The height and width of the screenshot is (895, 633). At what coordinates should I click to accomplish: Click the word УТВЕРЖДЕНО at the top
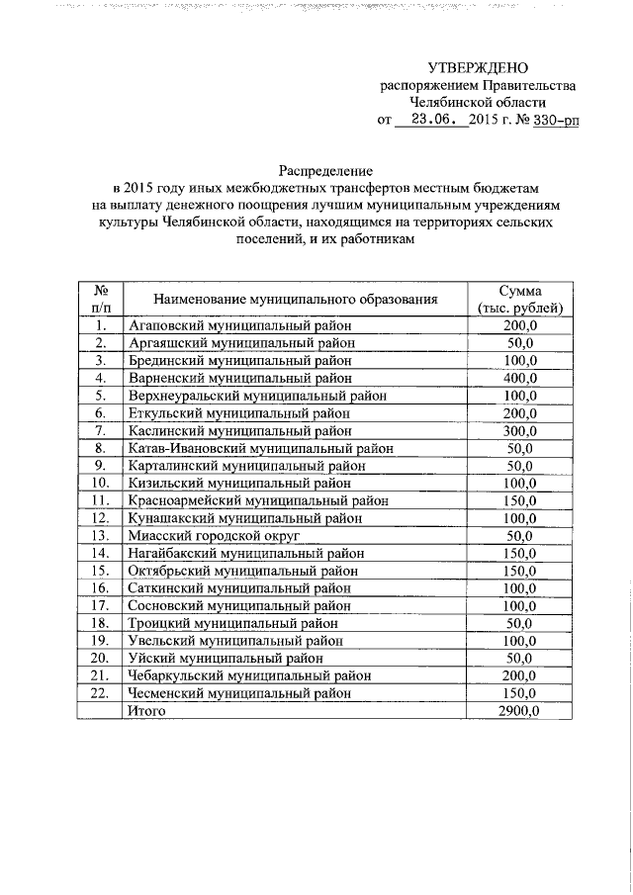[x=479, y=67]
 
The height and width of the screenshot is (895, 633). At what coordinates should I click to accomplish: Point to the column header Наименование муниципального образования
[x=295, y=299]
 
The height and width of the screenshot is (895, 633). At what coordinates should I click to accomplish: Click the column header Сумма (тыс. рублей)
[x=519, y=299]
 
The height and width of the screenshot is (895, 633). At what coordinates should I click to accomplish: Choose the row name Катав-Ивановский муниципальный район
[x=261, y=448]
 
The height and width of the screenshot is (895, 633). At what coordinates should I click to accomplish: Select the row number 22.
[x=99, y=694]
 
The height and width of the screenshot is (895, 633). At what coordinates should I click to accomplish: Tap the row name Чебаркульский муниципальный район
[x=249, y=676]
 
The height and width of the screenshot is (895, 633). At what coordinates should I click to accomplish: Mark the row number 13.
[x=99, y=536]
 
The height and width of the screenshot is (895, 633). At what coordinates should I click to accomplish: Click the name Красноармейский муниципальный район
[x=257, y=500]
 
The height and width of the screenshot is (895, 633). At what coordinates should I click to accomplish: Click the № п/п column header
[x=99, y=299]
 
